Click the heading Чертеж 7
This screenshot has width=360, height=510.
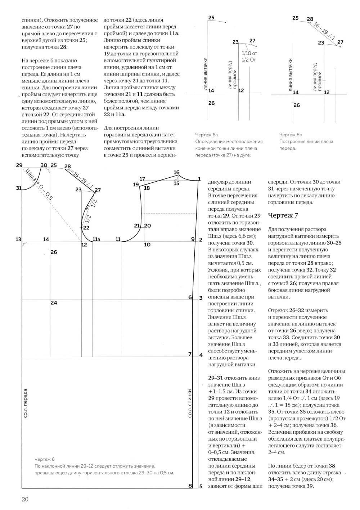283,215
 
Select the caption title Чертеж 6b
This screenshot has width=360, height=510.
291,135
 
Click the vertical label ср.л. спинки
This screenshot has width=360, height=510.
190,403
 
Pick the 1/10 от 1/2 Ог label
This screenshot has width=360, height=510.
249,56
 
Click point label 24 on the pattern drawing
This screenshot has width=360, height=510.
54,303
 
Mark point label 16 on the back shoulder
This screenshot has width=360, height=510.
176,173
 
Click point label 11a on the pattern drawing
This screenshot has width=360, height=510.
96,240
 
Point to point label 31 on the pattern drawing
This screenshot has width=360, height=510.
19,188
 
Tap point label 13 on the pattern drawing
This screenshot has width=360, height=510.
18,240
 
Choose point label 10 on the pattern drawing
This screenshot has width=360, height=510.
147,245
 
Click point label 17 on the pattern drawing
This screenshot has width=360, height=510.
142,179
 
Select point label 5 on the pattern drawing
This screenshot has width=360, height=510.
201,487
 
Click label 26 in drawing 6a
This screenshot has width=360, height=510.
211,103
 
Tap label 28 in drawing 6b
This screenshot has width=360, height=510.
310,19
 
